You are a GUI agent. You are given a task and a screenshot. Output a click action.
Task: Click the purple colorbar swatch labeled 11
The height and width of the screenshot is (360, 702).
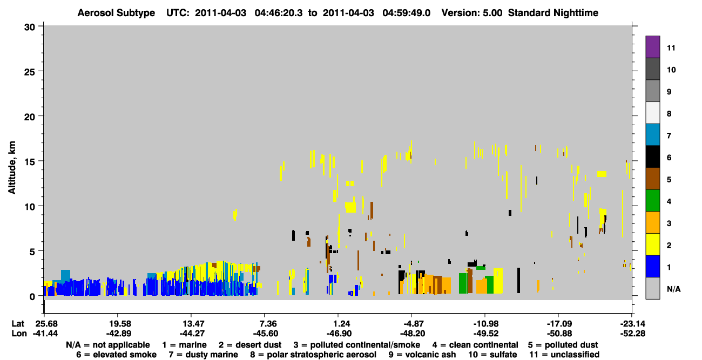652,46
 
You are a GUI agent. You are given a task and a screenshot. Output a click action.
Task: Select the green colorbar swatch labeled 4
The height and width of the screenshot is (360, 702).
652,201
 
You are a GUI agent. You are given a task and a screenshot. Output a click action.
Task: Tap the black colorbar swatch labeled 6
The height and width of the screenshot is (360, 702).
652,157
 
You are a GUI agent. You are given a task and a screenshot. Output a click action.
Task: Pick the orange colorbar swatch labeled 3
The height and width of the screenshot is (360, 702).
652,222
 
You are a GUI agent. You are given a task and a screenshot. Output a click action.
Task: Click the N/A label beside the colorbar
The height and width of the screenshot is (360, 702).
673,289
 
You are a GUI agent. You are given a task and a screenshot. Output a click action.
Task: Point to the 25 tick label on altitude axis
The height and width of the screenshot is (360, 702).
30,72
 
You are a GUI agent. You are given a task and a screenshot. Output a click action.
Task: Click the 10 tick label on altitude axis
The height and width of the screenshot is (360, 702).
30,207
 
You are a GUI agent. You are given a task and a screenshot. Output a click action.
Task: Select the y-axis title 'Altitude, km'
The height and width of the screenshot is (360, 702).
11,168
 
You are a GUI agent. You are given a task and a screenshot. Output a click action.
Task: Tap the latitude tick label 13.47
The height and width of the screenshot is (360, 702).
192,323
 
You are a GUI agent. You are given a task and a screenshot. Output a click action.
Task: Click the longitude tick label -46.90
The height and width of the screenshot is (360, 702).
339,334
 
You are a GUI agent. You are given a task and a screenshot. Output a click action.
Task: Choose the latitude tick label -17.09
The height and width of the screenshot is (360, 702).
559,323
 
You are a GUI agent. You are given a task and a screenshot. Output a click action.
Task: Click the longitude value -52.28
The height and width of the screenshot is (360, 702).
632,334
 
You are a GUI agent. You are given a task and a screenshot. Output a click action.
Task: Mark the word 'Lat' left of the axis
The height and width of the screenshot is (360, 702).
18,323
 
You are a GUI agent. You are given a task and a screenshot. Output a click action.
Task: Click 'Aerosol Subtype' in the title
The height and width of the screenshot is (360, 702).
116,13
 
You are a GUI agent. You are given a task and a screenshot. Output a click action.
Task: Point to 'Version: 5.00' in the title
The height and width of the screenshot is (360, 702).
472,13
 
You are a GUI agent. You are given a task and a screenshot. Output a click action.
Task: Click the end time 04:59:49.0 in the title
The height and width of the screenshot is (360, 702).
407,13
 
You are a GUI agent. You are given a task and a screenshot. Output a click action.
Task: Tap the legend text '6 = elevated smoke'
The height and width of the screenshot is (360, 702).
116,355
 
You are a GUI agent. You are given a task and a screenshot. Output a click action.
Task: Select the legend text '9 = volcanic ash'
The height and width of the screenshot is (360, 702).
422,355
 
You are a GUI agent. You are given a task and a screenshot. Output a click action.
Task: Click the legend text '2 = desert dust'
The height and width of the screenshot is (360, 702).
250,345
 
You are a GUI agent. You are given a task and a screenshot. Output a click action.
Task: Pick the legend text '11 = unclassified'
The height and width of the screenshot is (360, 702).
564,355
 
